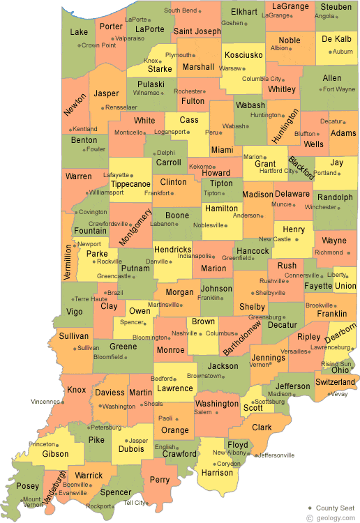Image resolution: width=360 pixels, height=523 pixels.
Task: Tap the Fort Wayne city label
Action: point(340,89)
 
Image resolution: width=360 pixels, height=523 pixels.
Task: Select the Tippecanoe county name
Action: point(131,183)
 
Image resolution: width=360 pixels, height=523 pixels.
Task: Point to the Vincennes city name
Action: point(47,402)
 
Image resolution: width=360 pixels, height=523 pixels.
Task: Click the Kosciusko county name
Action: point(243,55)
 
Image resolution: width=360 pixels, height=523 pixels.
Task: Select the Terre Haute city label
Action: point(91,298)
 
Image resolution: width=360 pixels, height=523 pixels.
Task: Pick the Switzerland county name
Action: point(335,382)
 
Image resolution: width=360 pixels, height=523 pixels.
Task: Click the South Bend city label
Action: point(180,10)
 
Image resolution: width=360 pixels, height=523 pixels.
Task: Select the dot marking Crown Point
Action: point(77,45)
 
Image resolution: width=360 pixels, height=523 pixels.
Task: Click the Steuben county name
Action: point(336,7)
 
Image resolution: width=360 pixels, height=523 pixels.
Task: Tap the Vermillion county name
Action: point(68,261)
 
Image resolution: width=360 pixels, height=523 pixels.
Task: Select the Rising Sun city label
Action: point(336,364)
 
